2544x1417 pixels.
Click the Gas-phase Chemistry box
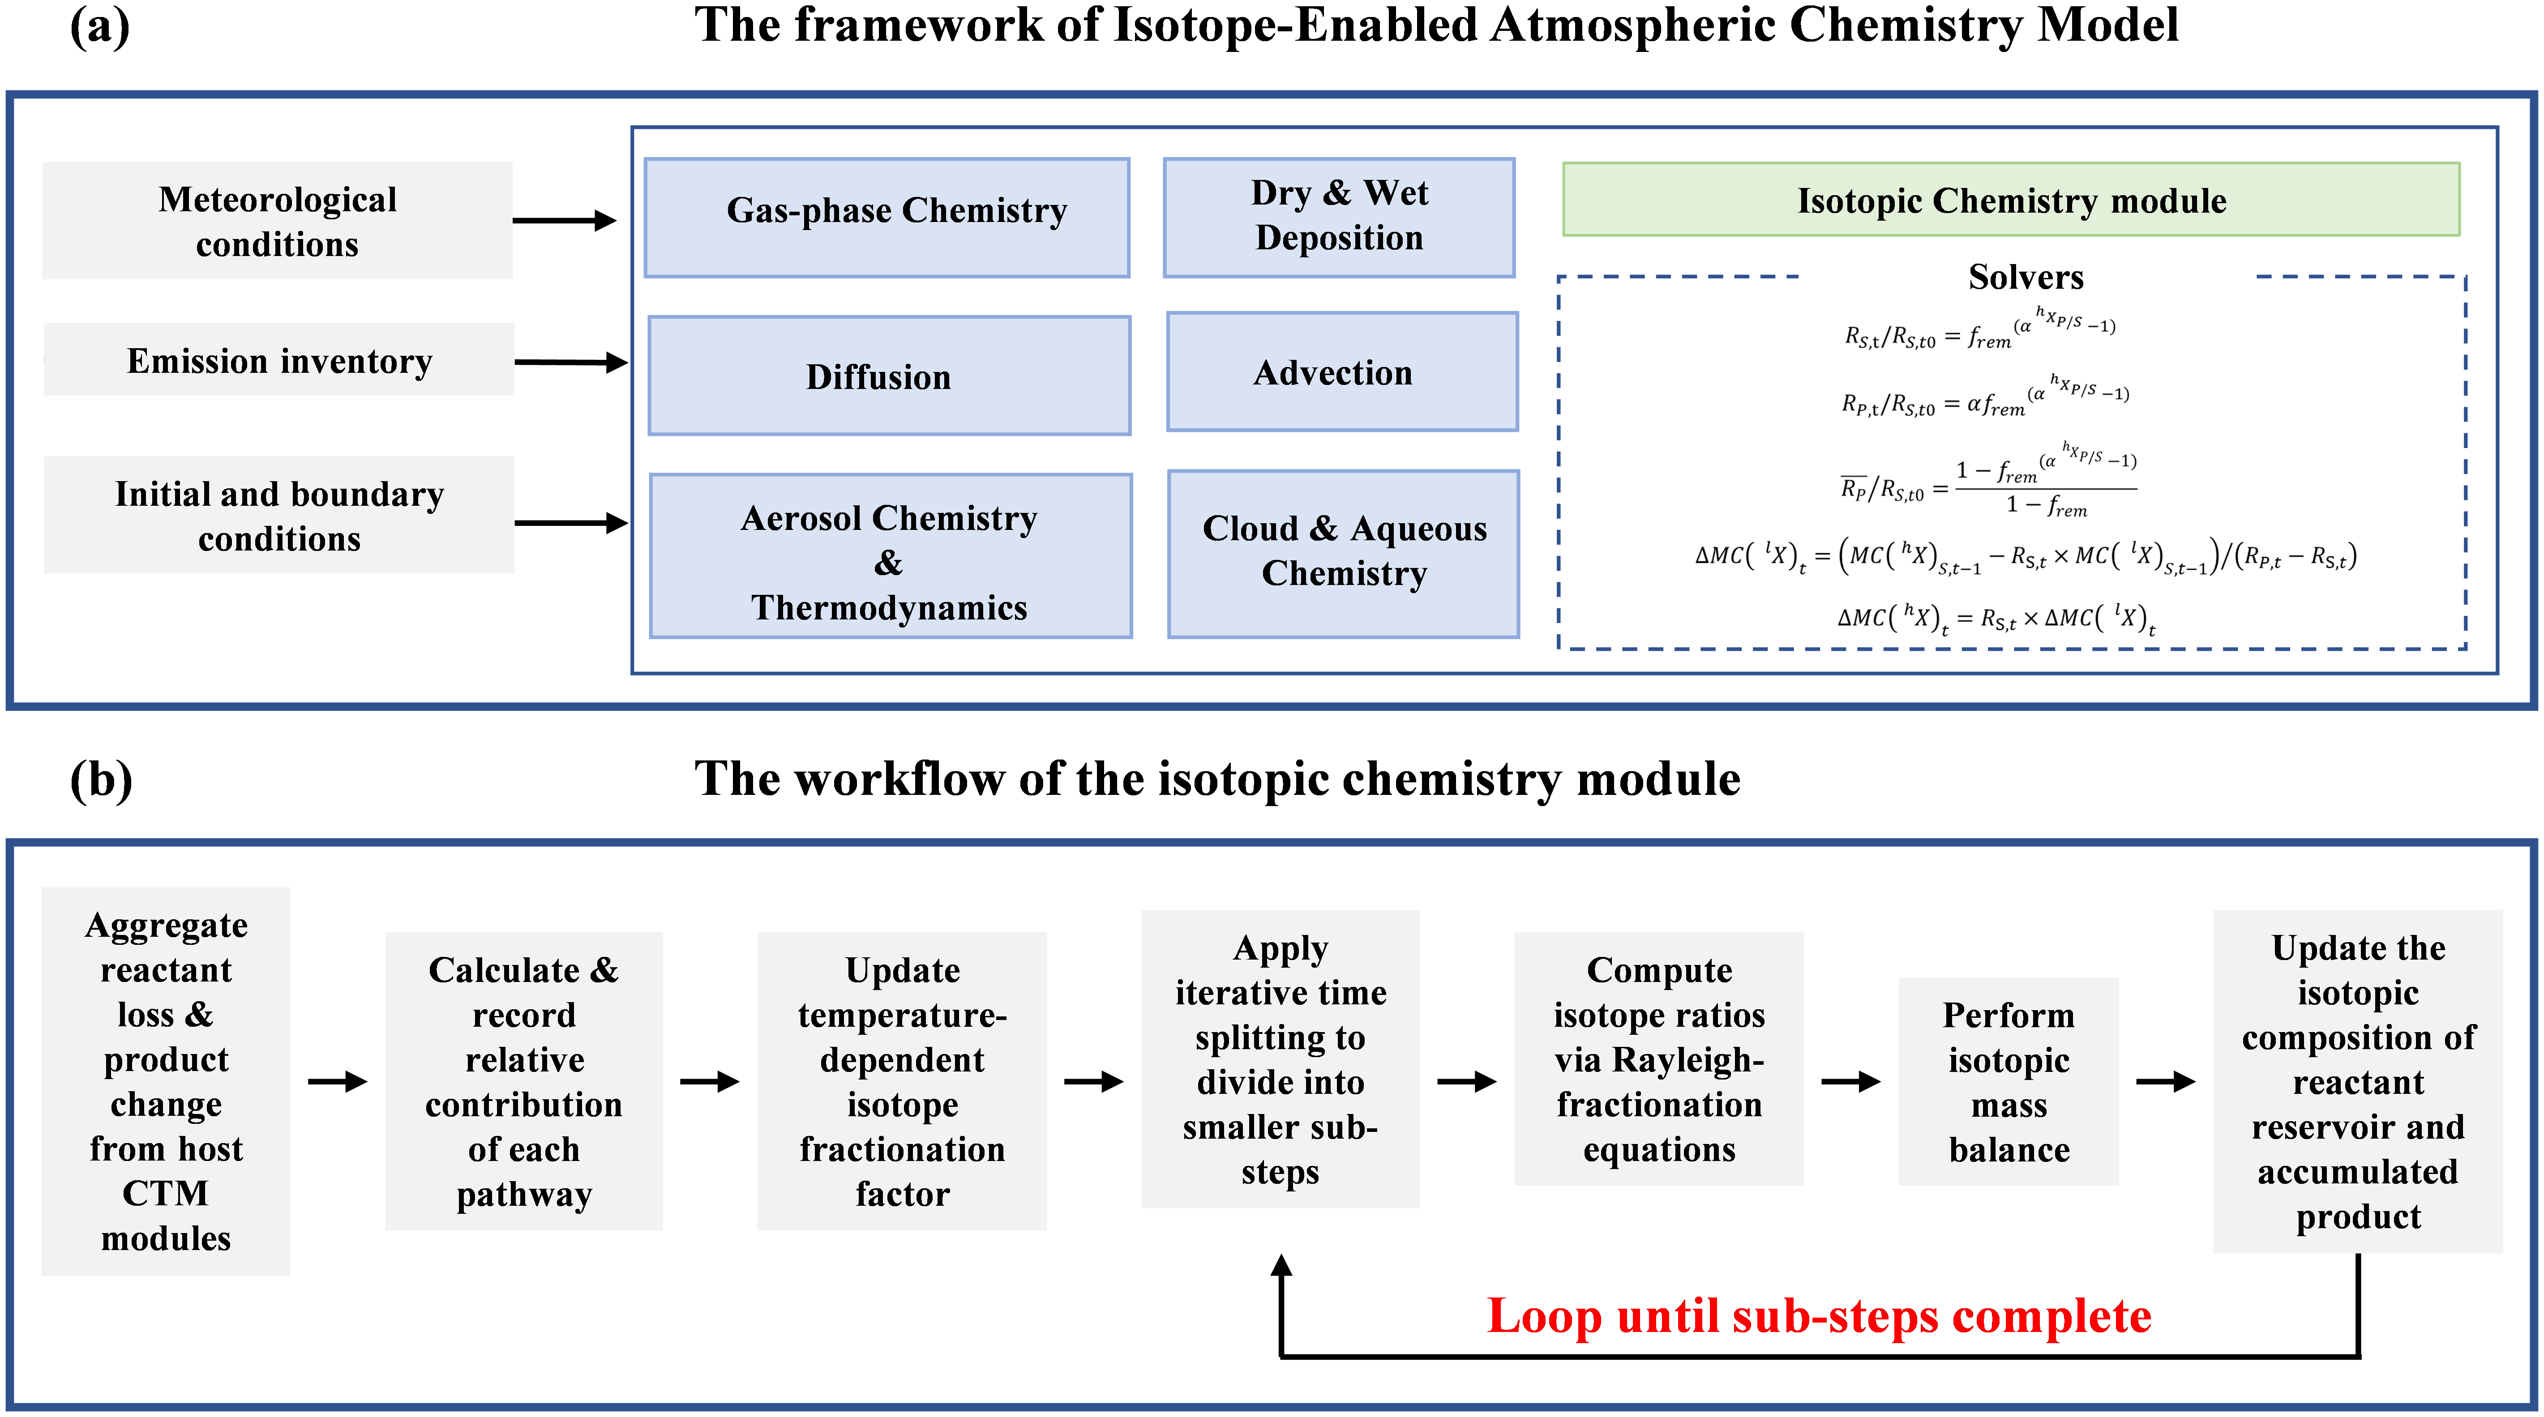887,217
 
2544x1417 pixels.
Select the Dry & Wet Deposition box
1339,217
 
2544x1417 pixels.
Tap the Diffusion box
889,375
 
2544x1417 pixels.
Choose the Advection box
1342,371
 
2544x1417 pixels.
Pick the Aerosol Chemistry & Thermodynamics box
891,556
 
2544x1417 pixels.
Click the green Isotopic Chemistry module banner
2011,200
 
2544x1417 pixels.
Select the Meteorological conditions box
278,220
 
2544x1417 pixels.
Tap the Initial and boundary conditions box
279,514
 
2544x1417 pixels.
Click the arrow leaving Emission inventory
571,363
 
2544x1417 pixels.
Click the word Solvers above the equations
2026,277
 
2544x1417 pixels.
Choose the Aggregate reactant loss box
166,1081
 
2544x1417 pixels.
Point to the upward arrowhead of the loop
1281,1265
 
